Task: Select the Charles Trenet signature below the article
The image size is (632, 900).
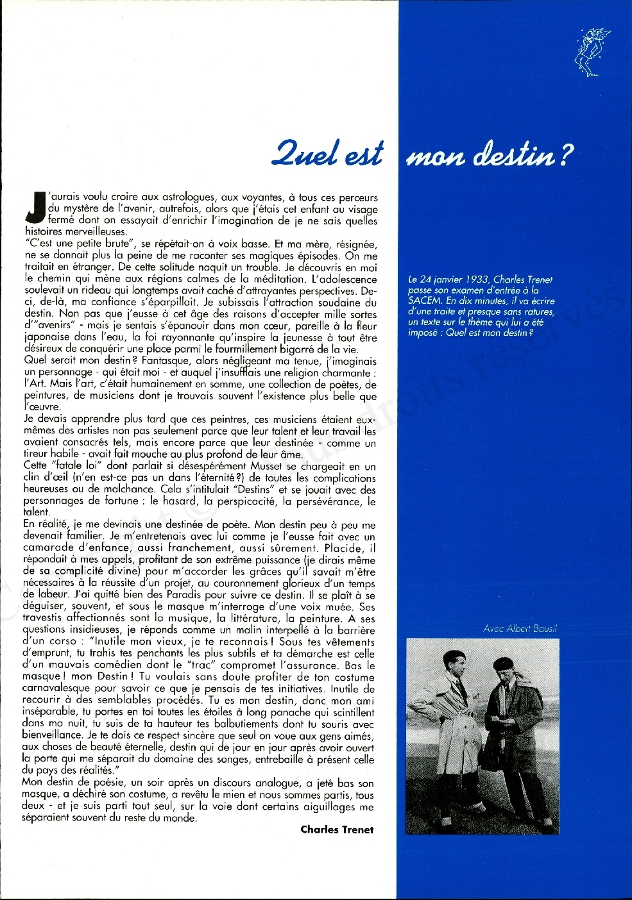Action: coord(337,829)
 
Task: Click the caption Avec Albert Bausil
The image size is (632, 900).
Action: coord(520,629)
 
